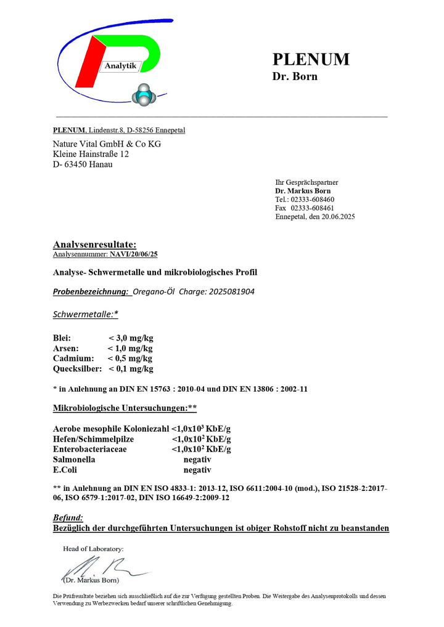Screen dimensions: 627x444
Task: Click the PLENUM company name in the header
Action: (311, 59)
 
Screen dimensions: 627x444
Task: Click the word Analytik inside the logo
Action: (120, 66)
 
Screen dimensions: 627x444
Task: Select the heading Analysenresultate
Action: (94, 245)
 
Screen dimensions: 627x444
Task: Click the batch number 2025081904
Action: (229, 291)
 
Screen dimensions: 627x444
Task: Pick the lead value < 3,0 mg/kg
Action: (131, 338)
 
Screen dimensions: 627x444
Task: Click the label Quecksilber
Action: (77, 368)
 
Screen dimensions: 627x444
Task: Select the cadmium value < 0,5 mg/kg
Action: (129, 358)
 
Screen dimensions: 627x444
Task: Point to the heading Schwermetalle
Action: (85, 314)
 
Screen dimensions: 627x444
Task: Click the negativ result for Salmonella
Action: (197, 459)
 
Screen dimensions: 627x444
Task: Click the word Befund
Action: (68, 518)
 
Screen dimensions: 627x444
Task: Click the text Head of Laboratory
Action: (93, 548)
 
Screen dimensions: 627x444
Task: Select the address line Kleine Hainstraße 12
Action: (91, 154)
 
